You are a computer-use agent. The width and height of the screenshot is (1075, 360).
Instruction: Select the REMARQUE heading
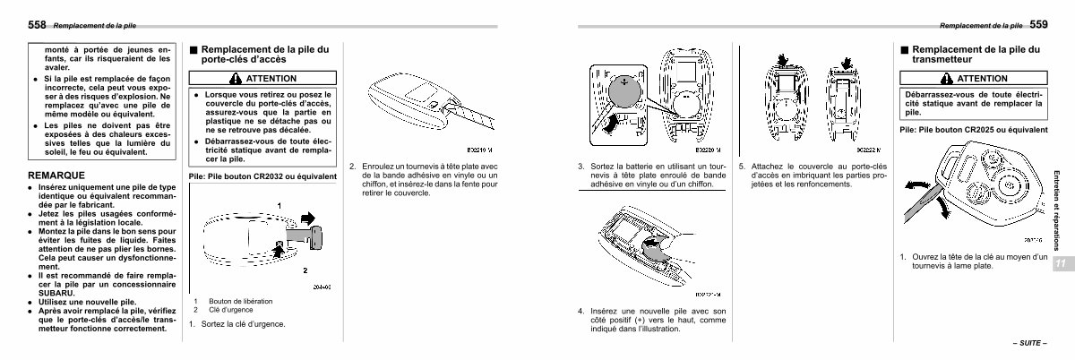point(57,175)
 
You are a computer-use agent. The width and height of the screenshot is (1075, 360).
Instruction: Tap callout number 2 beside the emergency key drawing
point(305,268)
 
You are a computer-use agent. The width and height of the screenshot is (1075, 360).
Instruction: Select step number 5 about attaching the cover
point(742,167)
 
